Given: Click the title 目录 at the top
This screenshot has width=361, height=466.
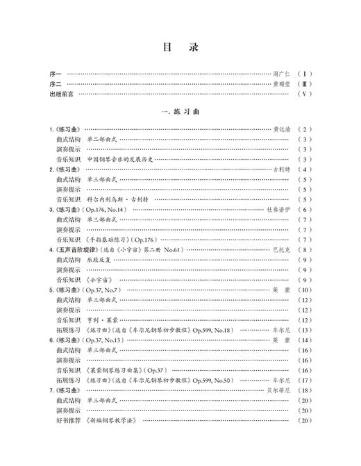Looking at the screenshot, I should tap(180, 48).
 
